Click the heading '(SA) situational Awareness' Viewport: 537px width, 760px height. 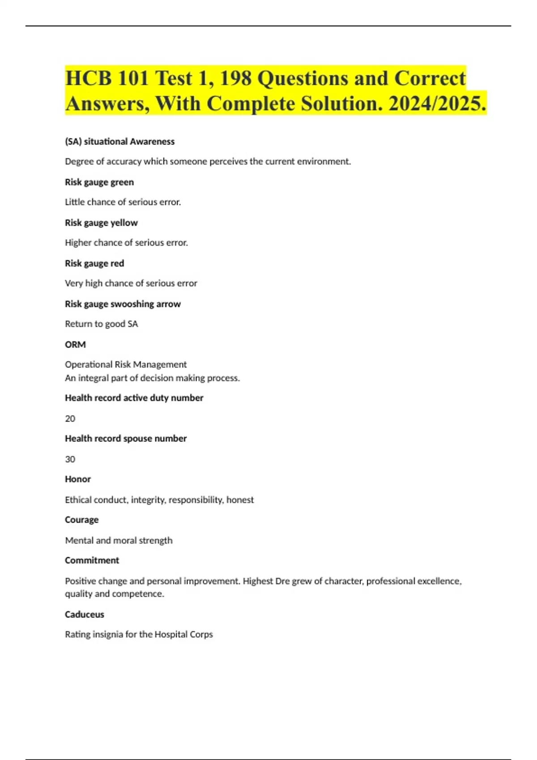click(119, 142)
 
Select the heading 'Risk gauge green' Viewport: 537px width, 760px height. click(99, 182)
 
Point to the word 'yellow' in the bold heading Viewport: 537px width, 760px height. click(124, 223)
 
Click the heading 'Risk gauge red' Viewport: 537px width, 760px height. click(94, 264)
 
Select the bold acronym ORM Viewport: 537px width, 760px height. click(75, 345)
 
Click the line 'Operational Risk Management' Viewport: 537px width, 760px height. click(125, 365)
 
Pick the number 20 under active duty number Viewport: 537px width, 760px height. click(70, 419)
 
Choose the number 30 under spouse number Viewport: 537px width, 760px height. click(70, 460)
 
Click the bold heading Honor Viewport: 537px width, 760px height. click(78, 479)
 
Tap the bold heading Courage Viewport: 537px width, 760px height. click(81, 520)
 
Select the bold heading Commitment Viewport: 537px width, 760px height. click(92, 561)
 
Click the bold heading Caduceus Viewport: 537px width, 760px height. click(84, 615)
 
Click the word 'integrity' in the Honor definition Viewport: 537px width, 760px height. click(148, 500)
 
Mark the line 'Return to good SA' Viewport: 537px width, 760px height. click(101, 324)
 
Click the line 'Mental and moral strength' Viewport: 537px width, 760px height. click(119, 540)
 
